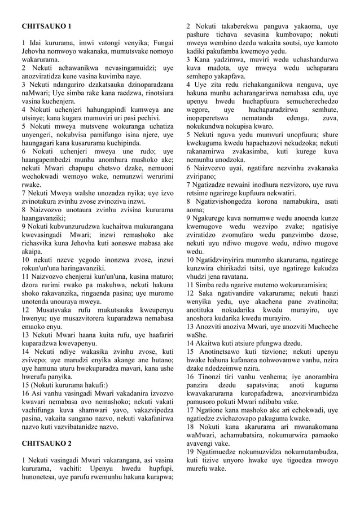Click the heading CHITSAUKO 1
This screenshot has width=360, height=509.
click(46, 27)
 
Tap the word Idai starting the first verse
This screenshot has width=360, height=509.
click(34, 43)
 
